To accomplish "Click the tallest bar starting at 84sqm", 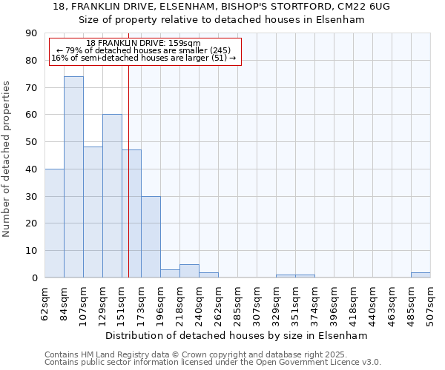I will [x=73, y=177].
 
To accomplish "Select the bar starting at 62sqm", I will [x=54, y=223].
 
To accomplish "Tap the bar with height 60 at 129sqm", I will [x=112, y=196].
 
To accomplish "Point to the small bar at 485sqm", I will [x=421, y=275].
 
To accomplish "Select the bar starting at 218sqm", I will [x=189, y=271].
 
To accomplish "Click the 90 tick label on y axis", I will [x=31, y=33].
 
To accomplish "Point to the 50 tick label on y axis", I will [x=31, y=142].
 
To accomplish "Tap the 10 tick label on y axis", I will [x=31, y=251].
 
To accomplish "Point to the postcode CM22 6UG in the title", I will [x=364, y=6].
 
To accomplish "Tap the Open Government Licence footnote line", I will [x=213, y=362].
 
